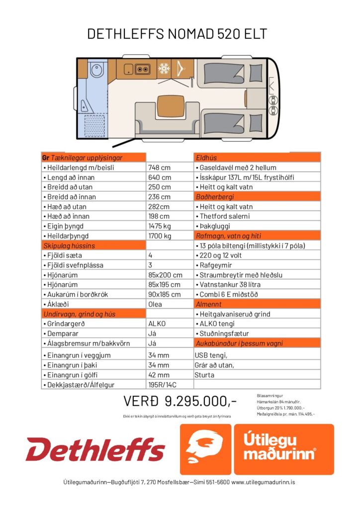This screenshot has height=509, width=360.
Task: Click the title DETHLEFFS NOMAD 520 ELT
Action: (177, 34)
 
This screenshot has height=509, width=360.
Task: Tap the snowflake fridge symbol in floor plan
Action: (164, 68)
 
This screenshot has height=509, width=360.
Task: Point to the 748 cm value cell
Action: (159, 168)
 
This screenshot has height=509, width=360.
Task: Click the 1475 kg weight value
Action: (160, 226)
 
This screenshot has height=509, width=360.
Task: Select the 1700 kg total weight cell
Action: (160, 236)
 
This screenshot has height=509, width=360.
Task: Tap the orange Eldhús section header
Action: (257, 158)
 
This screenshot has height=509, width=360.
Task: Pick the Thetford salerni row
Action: (225, 216)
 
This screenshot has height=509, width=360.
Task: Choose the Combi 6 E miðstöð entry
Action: (230, 294)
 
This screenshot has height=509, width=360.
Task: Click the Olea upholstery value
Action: (156, 304)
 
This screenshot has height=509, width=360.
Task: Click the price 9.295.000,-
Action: (180, 401)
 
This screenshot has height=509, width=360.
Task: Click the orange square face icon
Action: (205, 449)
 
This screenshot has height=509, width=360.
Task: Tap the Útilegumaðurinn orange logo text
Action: (284, 449)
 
